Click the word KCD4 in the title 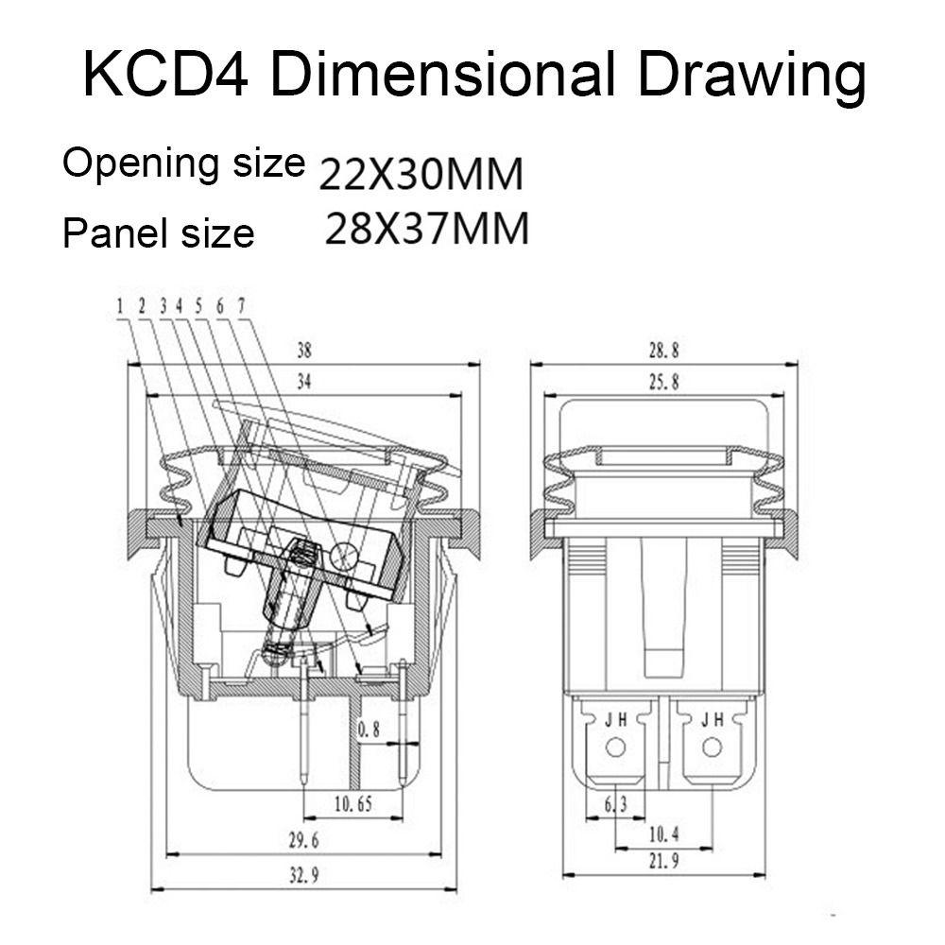165,76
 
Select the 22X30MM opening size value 421,175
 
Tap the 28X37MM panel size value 427,229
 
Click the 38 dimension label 304,351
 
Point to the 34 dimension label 304,382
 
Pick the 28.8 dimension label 663,351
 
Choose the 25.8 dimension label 663,382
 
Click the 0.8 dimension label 369,730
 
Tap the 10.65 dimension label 353,804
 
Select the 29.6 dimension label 303,840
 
